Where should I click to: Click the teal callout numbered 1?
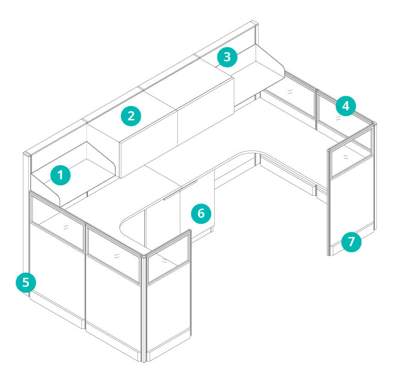coord(60,175)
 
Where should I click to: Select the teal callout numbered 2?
coord(131,116)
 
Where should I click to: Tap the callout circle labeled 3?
coord(227,57)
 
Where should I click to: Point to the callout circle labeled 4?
coord(346,106)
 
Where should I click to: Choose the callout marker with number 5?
coord(26,282)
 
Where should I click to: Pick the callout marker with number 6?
coord(201,213)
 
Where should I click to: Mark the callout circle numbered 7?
coord(351,242)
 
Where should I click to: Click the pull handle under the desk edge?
coord(180,190)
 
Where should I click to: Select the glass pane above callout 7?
coord(351,153)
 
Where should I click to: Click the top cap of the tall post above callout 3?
coord(254,23)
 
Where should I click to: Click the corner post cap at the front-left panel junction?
coord(143,256)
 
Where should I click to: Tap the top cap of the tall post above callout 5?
coord(27,153)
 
